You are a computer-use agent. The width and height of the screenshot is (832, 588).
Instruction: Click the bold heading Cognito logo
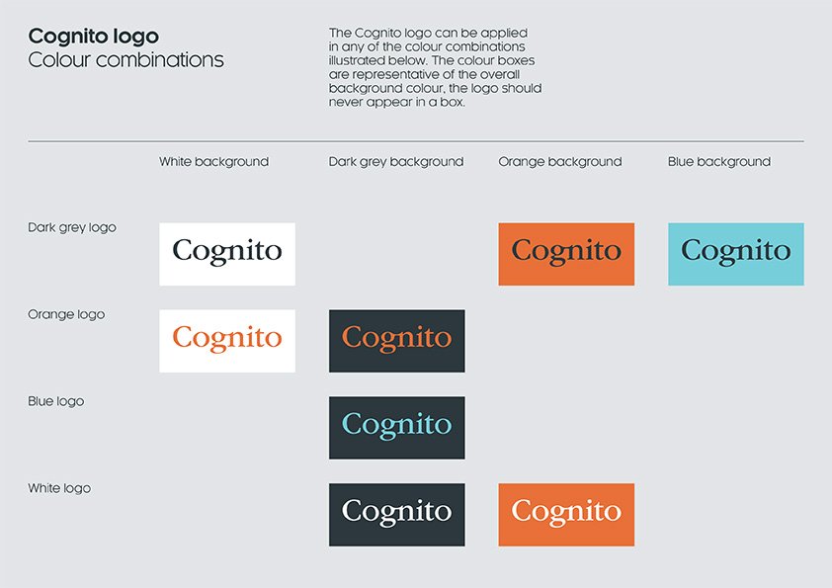click(x=94, y=38)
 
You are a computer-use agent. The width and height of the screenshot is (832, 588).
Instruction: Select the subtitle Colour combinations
click(x=125, y=59)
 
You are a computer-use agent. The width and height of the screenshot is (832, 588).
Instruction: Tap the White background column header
click(x=213, y=162)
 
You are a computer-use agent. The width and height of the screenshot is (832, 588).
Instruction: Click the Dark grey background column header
click(x=396, y=162)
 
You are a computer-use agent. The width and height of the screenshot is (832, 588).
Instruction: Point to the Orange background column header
click(x=560, y=162)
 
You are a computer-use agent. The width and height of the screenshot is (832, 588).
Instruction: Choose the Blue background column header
click(x=719, y=162)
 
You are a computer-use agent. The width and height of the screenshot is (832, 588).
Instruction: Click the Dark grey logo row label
click(x=71, y=227)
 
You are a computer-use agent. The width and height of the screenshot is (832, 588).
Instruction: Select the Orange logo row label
click(x=66, y=314)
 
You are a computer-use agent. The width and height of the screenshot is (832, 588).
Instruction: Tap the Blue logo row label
click(x=55, y=401)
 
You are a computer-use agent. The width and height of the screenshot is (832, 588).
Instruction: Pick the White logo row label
click(x=59, y=488)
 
